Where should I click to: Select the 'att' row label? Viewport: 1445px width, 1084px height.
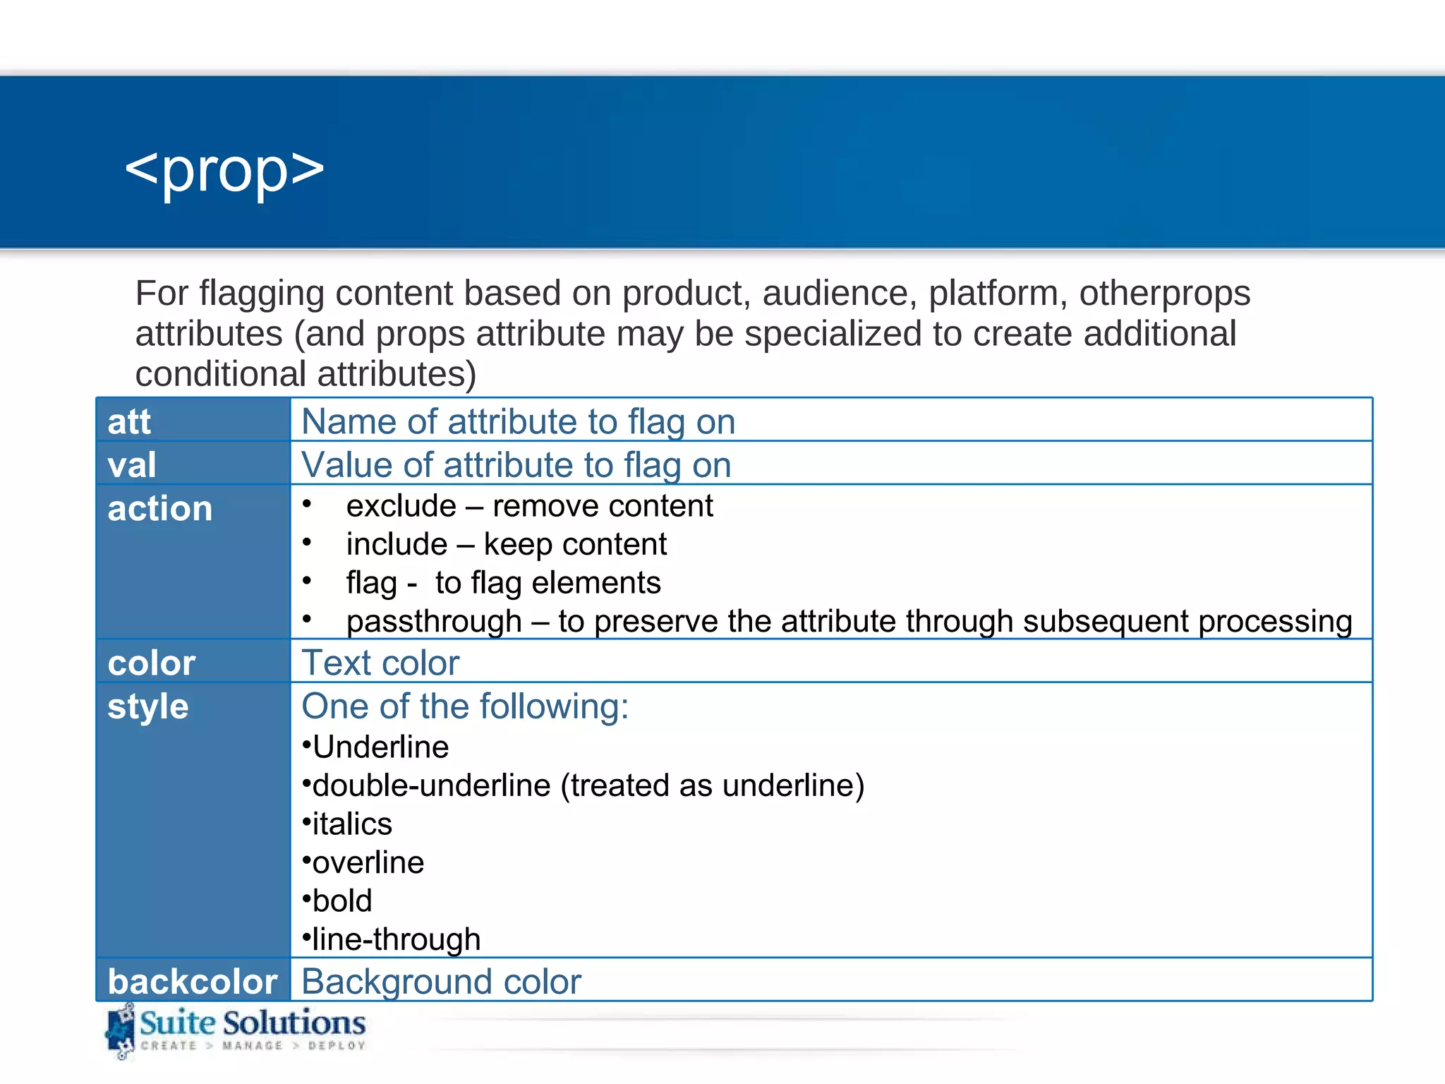[x=129, y=422]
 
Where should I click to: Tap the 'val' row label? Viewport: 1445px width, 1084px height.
[x=132, y=465]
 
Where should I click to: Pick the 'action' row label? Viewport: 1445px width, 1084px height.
[x=160, y=509]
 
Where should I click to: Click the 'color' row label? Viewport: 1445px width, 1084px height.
[x=151, y=663]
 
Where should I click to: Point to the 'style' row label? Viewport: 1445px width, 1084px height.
[x=148, y=706]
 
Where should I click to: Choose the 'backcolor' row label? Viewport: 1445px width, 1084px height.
[x=193, y=982]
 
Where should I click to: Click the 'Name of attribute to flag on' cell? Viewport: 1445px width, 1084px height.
[x=518, y=422]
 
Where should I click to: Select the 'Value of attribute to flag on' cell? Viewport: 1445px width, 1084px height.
[x=516, y=465]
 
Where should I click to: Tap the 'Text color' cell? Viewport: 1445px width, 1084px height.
[x=380, y=663]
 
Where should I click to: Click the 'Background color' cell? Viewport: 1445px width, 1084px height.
[x=441, y=982]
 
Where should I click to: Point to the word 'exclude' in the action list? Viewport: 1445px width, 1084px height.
[x=401, y=506]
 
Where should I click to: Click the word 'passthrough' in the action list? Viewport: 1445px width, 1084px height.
[x=434, y=622]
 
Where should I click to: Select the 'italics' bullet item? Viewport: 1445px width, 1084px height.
[x=351, y=824]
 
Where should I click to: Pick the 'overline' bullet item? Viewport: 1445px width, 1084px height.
[x=368, y=862]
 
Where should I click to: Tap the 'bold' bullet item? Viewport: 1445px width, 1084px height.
[x=341, y=901]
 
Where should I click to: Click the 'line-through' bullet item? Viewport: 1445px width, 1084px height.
[x=396, y=939]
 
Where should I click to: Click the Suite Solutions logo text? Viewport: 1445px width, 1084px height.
[x=252, y=1023]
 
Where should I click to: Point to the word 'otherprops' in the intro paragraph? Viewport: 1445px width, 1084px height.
[x=1164, y=293]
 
